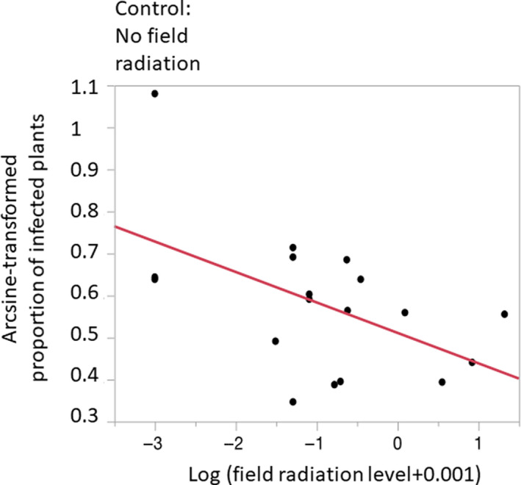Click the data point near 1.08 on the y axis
click(154, 93)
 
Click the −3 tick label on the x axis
click(154, 445)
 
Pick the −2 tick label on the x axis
click(235, 445)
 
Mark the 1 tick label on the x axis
click(478, 445)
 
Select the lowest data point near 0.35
click(292, 402)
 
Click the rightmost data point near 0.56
click(504, 314)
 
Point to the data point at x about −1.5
click(276, 341)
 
